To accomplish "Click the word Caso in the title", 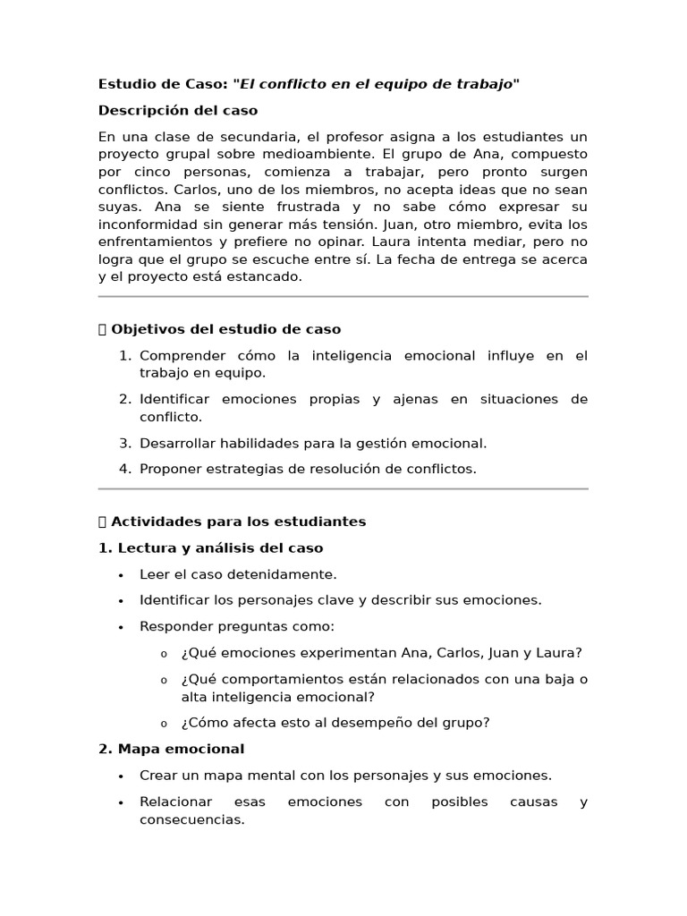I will point(206,85).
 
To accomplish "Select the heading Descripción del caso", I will point(178,111).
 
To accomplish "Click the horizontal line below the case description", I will point(343,296).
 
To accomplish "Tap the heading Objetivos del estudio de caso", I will point(225,329).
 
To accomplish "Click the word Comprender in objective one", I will point(177,356).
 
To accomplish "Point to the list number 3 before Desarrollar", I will point(125,443).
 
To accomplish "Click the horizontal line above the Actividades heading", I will point(343,488).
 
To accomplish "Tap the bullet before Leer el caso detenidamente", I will point(120,574).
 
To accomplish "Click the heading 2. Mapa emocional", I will point(172,749).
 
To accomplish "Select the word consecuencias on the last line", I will point(191,819).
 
